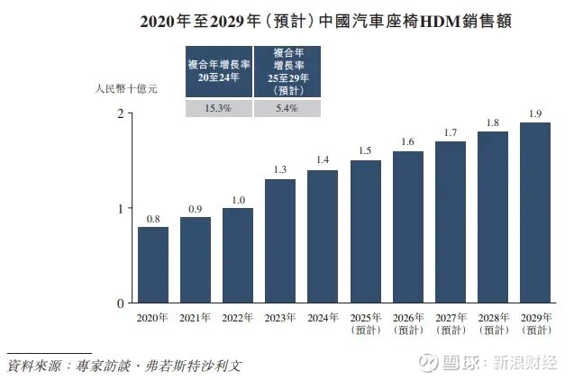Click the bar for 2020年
(x=152, y=265)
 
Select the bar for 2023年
(x=280, y=241)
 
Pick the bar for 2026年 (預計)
(x=408, y=227)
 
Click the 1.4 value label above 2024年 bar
(x=323, y=160)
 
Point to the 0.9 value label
(x=195, y=208)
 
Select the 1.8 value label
(x=493, y=122)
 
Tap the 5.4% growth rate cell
(x=287, y=108)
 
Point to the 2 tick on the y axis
(x=120, y=113)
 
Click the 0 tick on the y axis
(x=120, y=303)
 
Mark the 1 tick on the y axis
(x=120, y=208)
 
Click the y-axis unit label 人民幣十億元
(x=126, y=89)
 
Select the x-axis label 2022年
(x=238, y=318)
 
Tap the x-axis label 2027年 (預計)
(x=451, y=323)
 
